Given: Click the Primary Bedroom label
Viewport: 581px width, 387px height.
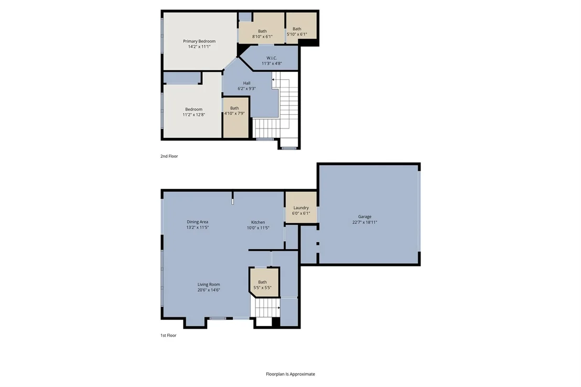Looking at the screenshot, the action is click(x=199, y=41).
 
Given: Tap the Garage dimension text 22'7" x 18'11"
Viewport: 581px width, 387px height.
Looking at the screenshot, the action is click(x=364, y=222).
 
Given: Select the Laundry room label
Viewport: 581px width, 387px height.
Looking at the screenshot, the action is click(x=301, y=208).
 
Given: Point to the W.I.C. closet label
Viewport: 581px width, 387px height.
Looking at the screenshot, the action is click(x=272, y=58).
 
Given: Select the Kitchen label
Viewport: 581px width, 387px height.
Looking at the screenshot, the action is click(x=258, y=222).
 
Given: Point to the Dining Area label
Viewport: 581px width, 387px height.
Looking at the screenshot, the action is click(x=198, y=222).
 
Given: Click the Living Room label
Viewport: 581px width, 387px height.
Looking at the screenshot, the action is click(x=209, y=285).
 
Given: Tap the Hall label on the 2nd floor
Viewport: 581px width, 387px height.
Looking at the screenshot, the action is click(x=247, y=83).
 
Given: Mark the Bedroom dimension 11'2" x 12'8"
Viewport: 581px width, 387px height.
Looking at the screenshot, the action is click(x=194, y=115).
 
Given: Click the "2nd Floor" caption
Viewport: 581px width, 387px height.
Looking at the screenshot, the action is click(x=169, y=156).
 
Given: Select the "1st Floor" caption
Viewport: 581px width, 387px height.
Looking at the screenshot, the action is click(x=168, y=336).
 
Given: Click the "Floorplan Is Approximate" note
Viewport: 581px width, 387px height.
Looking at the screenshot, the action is click(x=290, y=374).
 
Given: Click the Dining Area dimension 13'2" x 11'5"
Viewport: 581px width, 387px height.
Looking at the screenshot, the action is click(x=198, y=228).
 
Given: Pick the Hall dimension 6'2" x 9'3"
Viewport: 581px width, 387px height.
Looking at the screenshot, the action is click(x=247, y=89).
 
